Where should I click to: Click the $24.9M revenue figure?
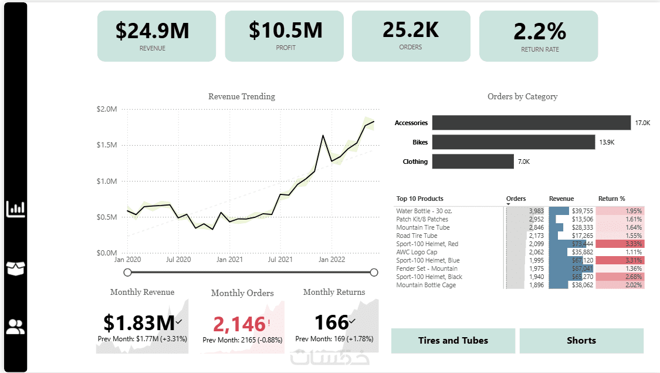point(152,31)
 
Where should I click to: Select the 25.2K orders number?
point(411,29)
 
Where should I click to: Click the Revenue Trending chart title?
point(242,96)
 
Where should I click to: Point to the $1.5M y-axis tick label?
point(107,145)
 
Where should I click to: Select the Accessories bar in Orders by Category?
point(532,123)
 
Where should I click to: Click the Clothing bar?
point(473,162)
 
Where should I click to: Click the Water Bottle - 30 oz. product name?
point(424,211)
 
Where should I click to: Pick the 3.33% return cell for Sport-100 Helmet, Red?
point(620,244)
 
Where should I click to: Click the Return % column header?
point(611,199)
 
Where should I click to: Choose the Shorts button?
point(581,341)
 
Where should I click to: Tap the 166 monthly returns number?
point(331,322)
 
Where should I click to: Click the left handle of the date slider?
point(128,272)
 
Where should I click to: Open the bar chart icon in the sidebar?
point(15,209)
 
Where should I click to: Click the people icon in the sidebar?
point(15,327)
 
